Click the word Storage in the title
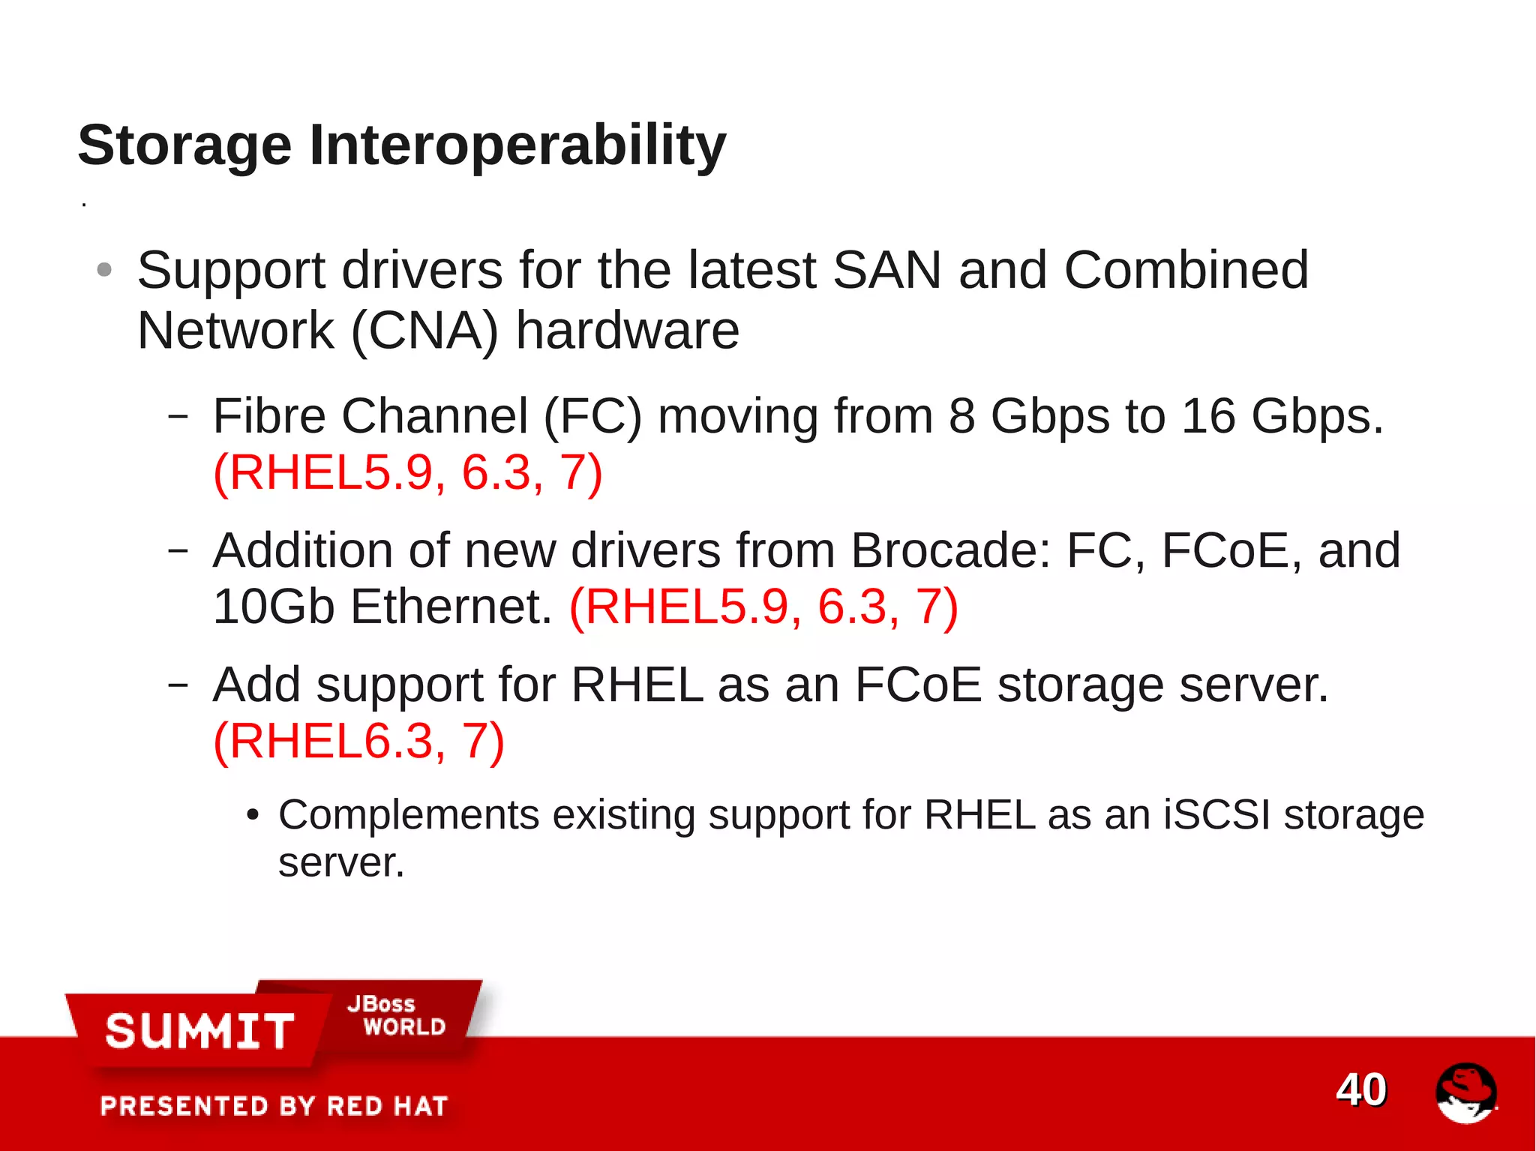(x=184, y=145)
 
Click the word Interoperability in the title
(x=517, y=145)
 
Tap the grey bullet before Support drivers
(x=105, y=269)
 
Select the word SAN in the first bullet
(x=886, y=270)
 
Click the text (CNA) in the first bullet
(x=424, y=331)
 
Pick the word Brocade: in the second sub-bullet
(x=950, y=550)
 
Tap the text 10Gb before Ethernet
(x=274, y=607)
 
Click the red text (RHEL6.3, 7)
(x=358, y=742)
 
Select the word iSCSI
(x=1216, y=815)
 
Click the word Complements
(x=409, y=815)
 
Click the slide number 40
(x=1361, y=1090)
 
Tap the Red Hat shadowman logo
(x=1465, y=1093)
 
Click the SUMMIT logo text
(x=199, y=1030)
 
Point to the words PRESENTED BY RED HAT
(x=274, y=1106)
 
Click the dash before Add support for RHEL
(x=178, y=684)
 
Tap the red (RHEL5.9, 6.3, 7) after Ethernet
(x=763, y=607)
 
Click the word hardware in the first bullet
(x=628, y=331)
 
